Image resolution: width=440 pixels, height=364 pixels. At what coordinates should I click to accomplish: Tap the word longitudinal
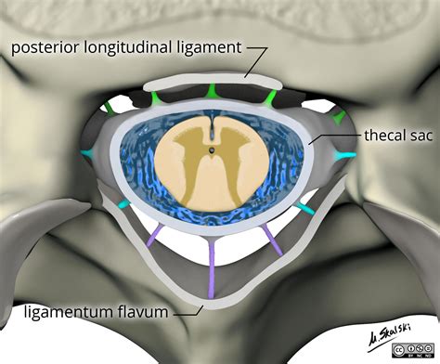point(135,48)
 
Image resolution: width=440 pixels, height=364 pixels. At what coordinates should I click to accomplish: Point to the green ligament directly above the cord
point(214,90)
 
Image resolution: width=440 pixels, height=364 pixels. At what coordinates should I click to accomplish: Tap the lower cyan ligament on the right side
point(304,208)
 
